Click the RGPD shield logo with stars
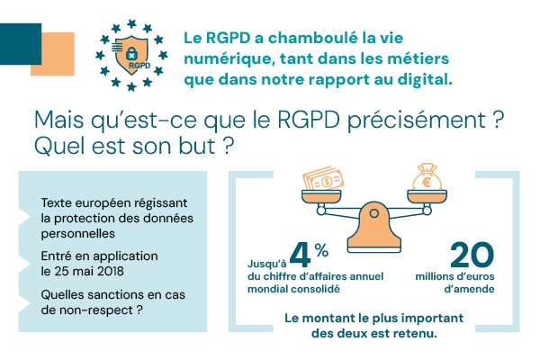pyautogui.click(x=133, y=54)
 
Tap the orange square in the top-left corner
pyautogui.click(x=52, y=54)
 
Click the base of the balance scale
pyautogui.click(x=373, y=241)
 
